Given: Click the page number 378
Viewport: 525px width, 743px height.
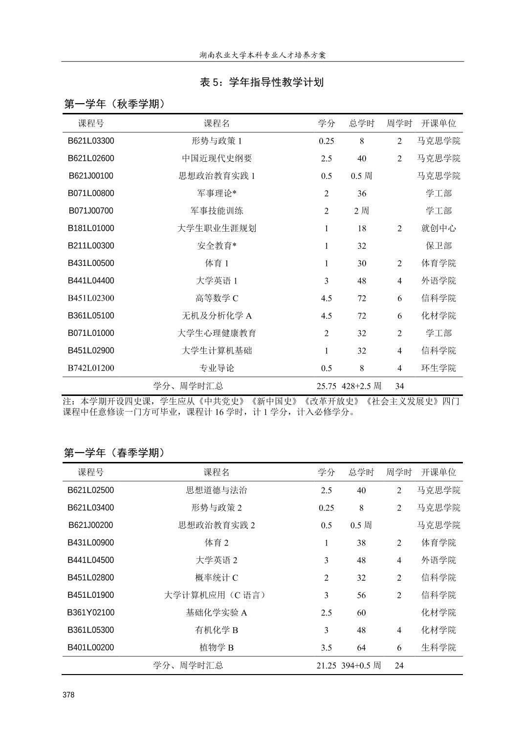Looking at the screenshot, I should (68, 695).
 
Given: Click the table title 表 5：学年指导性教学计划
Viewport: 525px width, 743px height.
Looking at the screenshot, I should (262, 82).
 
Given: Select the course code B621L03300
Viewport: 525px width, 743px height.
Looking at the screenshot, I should (91, 141).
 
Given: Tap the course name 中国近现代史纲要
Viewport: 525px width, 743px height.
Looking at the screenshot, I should (217, 158).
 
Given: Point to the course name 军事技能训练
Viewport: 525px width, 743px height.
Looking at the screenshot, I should (217, 211).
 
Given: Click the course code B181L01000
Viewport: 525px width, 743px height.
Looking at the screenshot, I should (91, 228).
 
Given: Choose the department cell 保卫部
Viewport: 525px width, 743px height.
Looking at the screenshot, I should (438, 246).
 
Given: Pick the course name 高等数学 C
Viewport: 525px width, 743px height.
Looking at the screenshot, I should (217, 298).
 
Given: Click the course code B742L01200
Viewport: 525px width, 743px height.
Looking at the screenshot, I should (91, 368).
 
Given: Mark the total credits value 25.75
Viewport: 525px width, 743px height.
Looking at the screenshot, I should (326, 386).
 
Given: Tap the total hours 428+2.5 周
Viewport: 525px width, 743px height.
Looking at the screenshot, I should (362, 386).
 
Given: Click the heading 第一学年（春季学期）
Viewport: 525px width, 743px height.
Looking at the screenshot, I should (115, 453).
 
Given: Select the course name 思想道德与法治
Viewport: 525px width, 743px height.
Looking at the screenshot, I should (217, 490).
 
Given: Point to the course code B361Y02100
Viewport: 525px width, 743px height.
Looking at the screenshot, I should (91, 612).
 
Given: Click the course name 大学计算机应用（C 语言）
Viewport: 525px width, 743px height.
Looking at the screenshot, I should (217, 595).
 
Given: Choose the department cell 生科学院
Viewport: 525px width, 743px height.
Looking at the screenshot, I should (438, 648).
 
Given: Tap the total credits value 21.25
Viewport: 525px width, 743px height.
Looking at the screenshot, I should (326, 665).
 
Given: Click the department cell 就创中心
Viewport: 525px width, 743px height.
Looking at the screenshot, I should (438, 228).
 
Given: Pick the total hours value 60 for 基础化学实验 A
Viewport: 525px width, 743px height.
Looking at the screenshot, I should (361, 612).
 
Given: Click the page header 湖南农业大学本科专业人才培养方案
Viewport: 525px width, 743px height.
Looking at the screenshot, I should (262, 55).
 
